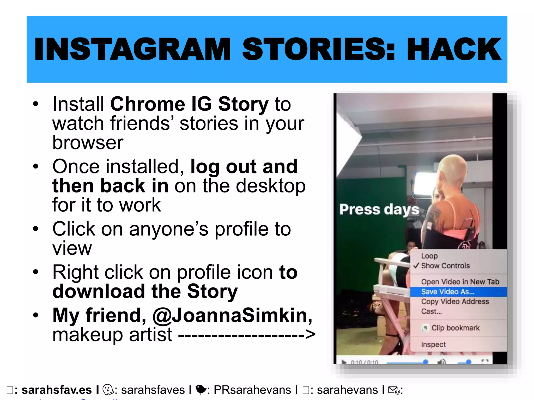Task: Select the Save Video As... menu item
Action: (x=448, y=292)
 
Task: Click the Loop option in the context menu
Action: (x=429, y=256)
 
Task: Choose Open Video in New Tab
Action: (x=460, y=282)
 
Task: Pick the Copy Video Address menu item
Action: (x=455, y=302)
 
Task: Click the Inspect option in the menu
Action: (x=433, y=344)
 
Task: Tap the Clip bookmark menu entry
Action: (x=455, y=328)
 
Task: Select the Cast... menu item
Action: (x=432, y=311)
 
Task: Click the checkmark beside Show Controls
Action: (x=416, y=266)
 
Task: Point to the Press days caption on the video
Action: (x=379, y=210)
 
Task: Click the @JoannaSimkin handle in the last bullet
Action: (x=232, y=315)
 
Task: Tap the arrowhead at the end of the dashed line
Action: (x=310, y=334)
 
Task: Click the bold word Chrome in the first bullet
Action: (x=148, y=104)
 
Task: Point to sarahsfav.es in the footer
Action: (x=57, y=390)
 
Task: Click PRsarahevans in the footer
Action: (x=252, y=390)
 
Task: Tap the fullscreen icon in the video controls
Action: (x=484, y=361)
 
